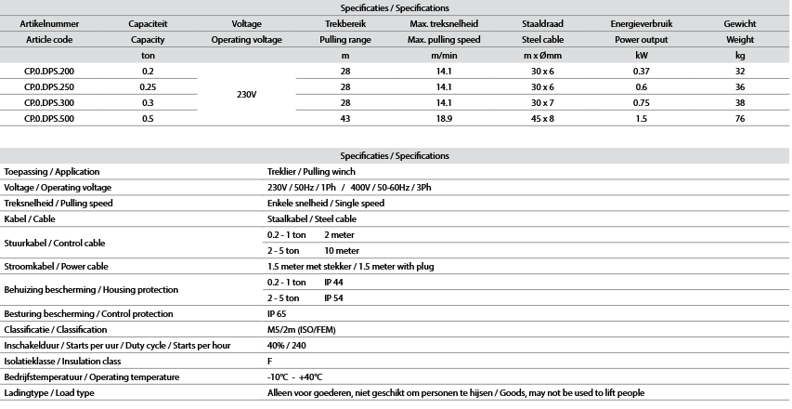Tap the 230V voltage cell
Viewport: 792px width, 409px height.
(x=246, y=95)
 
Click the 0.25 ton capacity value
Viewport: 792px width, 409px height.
(x=148, y=87)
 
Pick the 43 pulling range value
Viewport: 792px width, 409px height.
(x=345, y=119)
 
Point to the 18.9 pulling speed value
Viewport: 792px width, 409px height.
(x=443, y=119)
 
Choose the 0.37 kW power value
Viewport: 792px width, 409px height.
(x=642, y=72)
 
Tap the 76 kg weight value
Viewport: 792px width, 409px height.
(x=740, y=119)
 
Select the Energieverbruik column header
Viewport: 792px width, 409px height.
(x=642, y=23)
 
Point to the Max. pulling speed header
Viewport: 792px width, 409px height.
(x=443, y=40)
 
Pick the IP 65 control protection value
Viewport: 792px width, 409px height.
(x=277, y=313)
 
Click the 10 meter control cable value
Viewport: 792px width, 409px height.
(x=341, y=250)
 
